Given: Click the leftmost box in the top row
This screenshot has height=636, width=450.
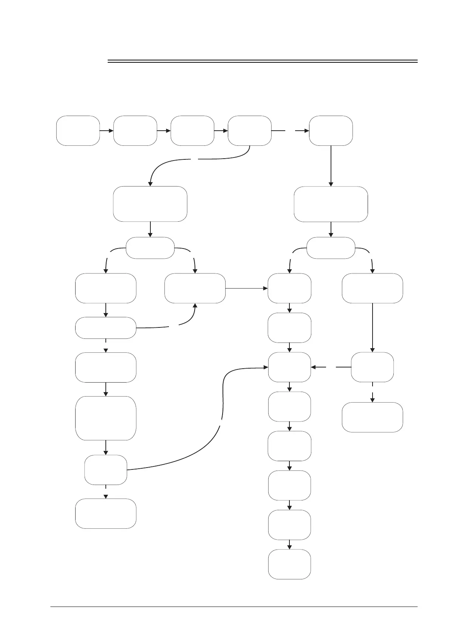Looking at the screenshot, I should point(78,131).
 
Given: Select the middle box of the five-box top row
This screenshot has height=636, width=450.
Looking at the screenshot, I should point(192,131).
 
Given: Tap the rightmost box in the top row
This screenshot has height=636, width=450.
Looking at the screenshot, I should point(331,131).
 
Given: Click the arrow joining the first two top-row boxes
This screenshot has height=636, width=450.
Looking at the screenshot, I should point(106,131).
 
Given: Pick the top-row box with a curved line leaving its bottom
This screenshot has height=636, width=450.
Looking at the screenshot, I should point(249,131).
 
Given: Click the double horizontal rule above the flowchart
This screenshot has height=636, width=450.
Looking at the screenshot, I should point(263,61).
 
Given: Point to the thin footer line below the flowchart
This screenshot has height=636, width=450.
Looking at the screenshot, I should point(234,607).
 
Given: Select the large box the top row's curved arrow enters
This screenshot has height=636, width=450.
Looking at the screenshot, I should point(150,204).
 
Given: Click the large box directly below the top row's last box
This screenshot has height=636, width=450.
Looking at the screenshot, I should point(331,204).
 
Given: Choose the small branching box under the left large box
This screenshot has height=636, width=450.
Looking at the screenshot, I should point(150,248).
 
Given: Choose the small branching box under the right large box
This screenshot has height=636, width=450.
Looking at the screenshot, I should point(331,248).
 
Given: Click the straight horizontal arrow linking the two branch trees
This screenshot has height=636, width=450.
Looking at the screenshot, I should point(246,289).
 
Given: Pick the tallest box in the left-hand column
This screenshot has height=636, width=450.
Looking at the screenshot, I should point(106,418).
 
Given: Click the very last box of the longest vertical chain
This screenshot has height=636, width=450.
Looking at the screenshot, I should point(289,564).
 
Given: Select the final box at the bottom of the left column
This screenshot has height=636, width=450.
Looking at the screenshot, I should point(106,513).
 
